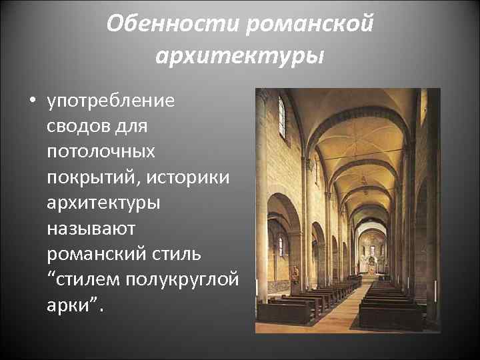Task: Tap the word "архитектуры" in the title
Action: (240, 55)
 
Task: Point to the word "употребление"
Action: (110, 102)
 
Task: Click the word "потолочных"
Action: (101, 152)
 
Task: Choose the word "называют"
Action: (91, 228)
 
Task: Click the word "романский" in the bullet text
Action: (99, 253)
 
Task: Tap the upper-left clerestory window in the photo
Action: (281, 117)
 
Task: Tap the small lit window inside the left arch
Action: (281, 246)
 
